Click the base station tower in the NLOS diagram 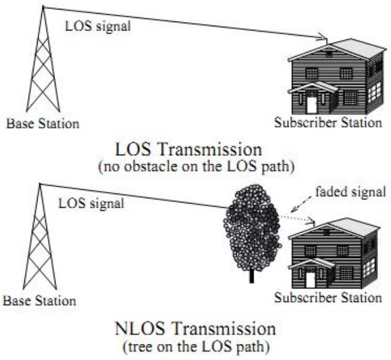[40, 239]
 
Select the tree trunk [251, 275]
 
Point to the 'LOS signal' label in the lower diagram [91, 203]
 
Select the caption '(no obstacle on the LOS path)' [195, 167]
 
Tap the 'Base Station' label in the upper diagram [42, 124]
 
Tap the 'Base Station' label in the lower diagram [41, 300]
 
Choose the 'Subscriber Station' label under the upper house [328, 124]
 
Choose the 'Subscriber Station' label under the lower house [327, 297]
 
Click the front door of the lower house [310, 279]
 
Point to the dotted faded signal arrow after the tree [297, 219]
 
